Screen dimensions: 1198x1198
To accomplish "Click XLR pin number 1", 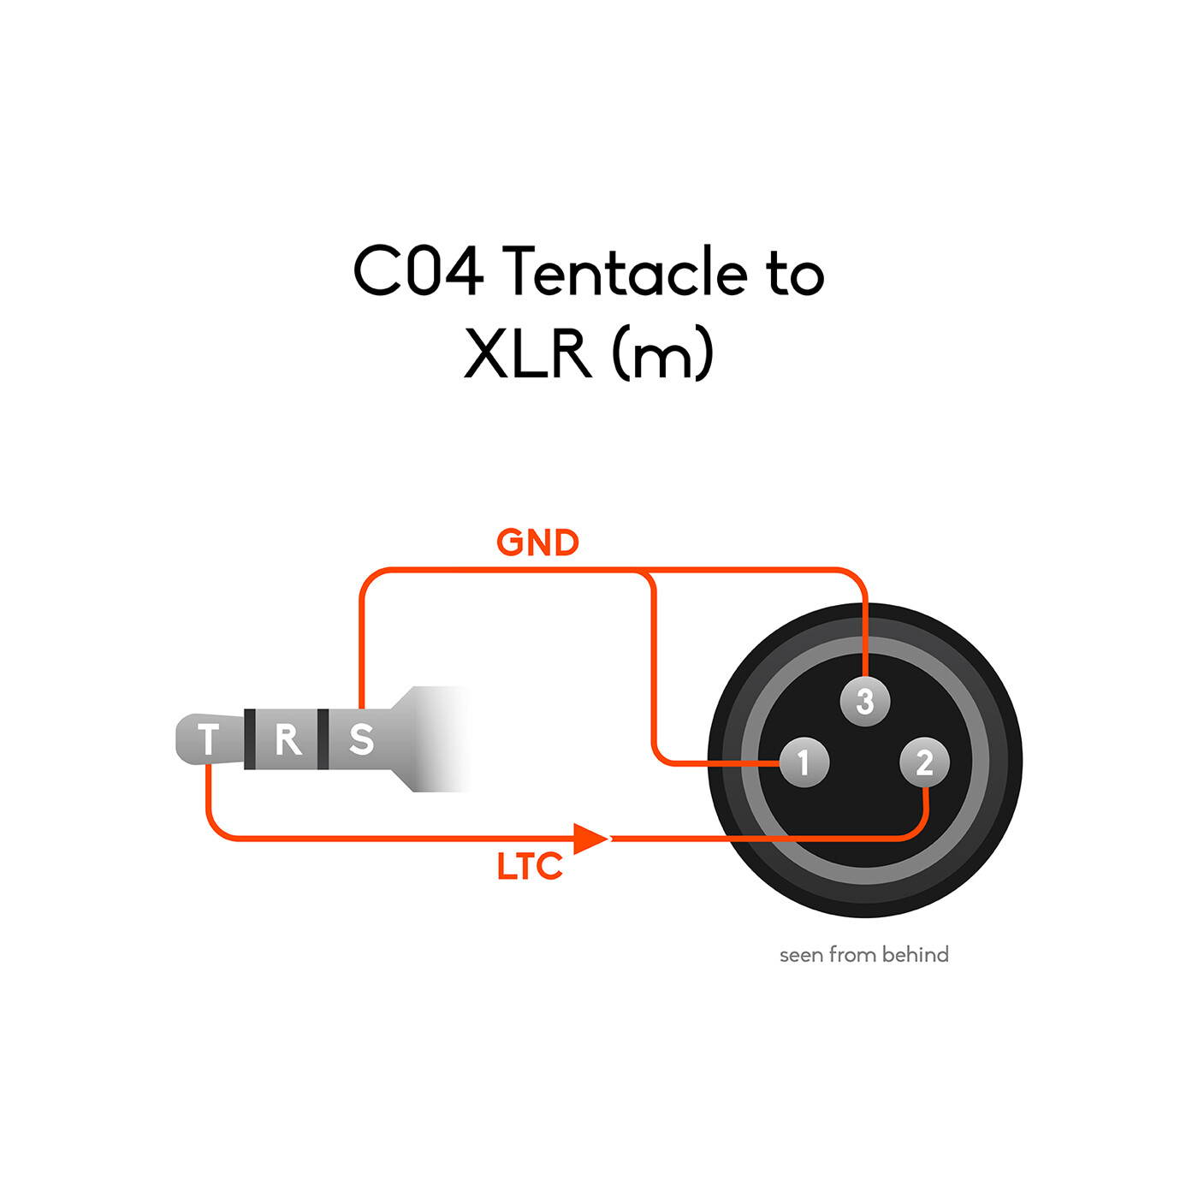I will coord(804,762).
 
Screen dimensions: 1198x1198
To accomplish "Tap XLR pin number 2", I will coord(924,762).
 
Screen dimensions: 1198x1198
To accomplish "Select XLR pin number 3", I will coord(865,702).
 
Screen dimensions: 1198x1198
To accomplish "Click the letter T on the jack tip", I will coord(208,739).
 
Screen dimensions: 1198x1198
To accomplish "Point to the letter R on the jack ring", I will coord(288,739).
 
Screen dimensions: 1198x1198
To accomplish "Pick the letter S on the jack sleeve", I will coord(361,739).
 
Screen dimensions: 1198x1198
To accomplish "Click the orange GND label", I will coord(537,543).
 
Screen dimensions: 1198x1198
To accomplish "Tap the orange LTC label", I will coord(530,867).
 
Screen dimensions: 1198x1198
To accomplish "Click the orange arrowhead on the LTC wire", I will coord(590,839).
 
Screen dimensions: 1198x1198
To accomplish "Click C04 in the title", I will coord(418,272).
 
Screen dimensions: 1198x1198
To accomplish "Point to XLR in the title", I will coord(528,353).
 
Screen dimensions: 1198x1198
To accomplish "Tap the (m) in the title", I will coord(662,353).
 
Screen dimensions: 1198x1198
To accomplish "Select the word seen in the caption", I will coord(801,955).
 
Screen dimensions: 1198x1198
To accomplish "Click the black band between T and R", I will coord(250,739).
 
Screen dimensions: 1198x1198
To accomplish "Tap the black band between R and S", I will coord(323,739).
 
